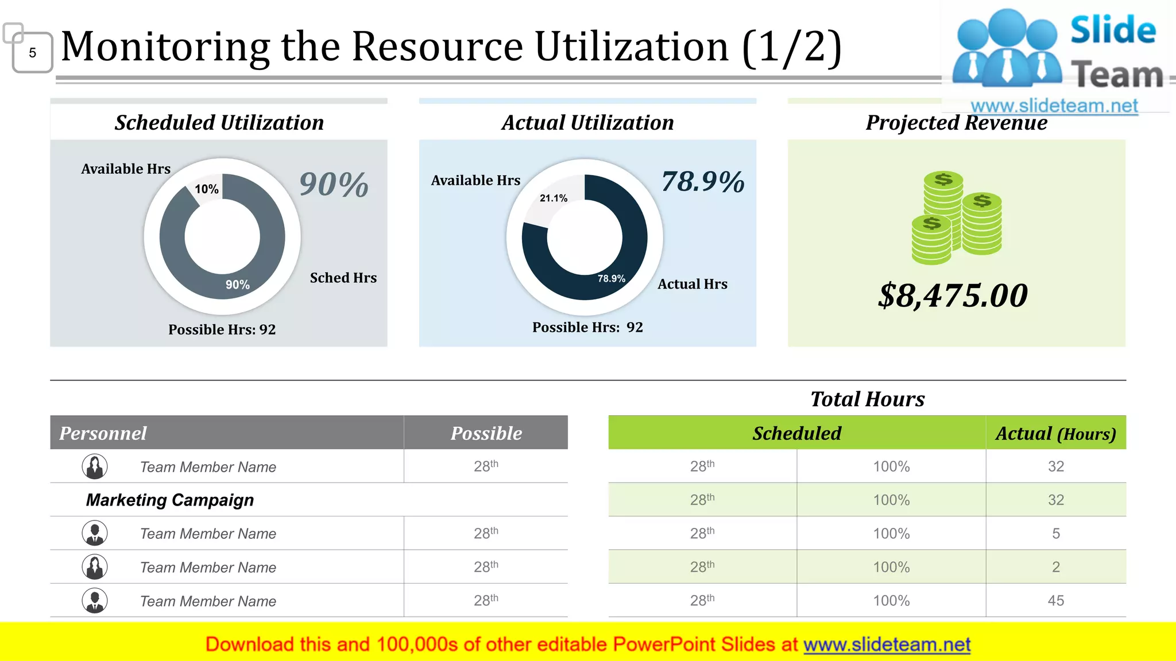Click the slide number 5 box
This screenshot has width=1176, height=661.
[32, 53]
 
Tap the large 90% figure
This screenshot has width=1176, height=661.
[334, 185]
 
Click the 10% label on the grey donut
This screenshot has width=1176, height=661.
[206, 189]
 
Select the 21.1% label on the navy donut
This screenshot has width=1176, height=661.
[553, 199]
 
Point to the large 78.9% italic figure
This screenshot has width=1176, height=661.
[703, 182]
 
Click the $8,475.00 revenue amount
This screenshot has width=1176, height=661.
[953, 296]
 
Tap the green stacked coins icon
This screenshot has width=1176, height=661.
[957, 218]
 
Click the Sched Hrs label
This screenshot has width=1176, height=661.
[343, 278]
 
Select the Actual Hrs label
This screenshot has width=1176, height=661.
[692, 284]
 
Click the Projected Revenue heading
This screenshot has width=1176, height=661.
[956, 123]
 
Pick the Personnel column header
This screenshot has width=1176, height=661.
[103, 433]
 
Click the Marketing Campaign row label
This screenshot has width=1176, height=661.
[170, 500]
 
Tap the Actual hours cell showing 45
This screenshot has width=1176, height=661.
[1055, 601]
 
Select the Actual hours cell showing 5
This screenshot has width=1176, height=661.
[1055, 534]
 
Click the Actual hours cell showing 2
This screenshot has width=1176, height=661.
[1055, 567]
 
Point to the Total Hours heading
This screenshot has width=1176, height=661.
[867, 399]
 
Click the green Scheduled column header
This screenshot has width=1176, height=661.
[796, 433]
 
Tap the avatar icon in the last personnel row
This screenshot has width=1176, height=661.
[95, 601]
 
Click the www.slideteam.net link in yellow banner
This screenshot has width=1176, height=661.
[887, 645]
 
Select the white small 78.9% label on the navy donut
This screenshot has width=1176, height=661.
[611, 279]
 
